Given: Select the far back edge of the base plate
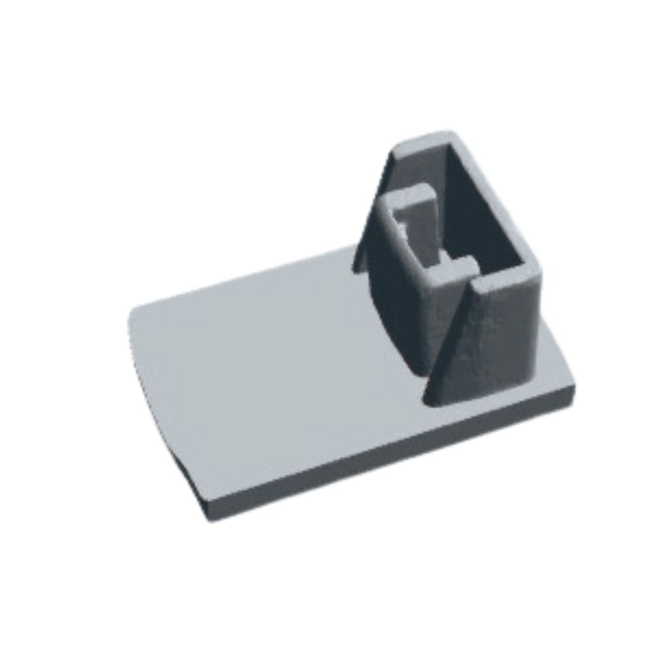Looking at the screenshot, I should [247, 277].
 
